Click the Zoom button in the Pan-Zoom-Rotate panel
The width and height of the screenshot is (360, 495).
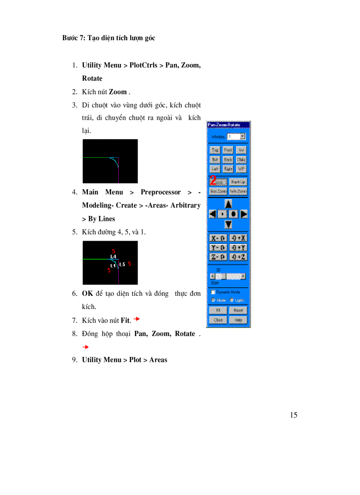220,182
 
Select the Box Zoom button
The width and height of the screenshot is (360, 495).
217,191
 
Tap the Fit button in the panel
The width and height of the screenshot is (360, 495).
217,310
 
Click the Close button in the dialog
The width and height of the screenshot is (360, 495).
217,320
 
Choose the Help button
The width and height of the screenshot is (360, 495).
238,320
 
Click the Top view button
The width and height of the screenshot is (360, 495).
215,150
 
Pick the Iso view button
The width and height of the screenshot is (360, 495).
241,150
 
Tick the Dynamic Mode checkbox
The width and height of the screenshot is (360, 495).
213,292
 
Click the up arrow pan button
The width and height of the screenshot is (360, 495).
228,204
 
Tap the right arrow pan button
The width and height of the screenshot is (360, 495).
244,214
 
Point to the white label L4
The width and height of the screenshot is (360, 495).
113,256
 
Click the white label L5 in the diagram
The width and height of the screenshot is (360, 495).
122,264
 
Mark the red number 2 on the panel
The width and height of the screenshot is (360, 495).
213,180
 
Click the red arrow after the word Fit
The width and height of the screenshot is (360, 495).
137,319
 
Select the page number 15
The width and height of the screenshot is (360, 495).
294,415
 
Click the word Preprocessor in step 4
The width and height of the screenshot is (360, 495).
161,192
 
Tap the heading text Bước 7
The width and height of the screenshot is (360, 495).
73,38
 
